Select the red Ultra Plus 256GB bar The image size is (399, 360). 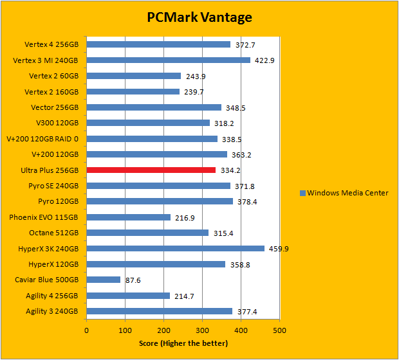tap(151, 170)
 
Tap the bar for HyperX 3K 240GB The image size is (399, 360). tap(176, 249)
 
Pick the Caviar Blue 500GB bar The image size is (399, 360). tap(104, 280)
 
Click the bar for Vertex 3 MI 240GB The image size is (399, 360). tap(169, 60)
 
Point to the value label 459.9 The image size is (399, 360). tap(278, 249)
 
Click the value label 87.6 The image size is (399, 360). tap(133, 280)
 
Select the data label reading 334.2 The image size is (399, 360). tap(230, 170)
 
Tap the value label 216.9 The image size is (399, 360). tap(185, 217)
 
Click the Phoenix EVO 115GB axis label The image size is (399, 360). tap(44, 217)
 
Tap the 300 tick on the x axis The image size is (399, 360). tap(202, 330)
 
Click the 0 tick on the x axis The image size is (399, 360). tap(87, 330)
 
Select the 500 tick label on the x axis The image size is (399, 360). tap(279, 330)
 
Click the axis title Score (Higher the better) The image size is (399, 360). tap(183, 343)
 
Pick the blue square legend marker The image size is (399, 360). tap(302, 193)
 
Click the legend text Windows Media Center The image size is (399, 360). tap(348, 193)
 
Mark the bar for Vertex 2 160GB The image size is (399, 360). tap(133, 92)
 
